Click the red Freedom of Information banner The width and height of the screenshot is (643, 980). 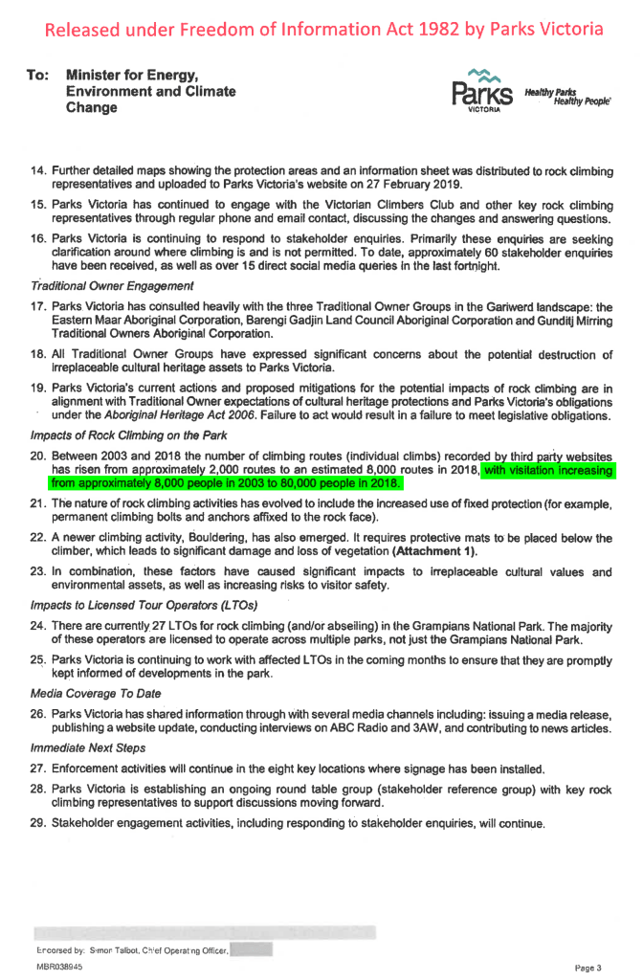321,29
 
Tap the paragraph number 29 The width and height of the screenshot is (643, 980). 38,823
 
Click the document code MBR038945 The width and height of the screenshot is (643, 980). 59,968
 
